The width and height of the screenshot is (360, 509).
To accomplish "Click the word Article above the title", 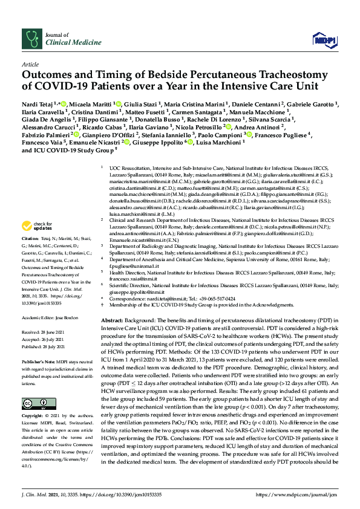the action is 30,63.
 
